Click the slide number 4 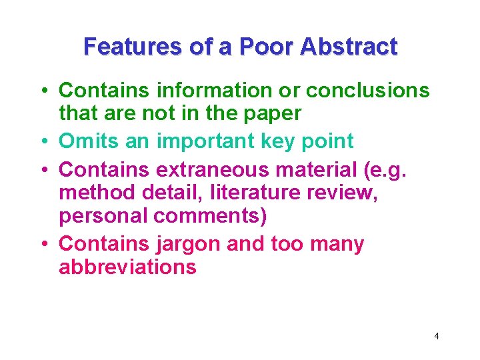pyautogui.click(x=437, y=336)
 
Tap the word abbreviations pyautogui.click(x=127, y=267)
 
